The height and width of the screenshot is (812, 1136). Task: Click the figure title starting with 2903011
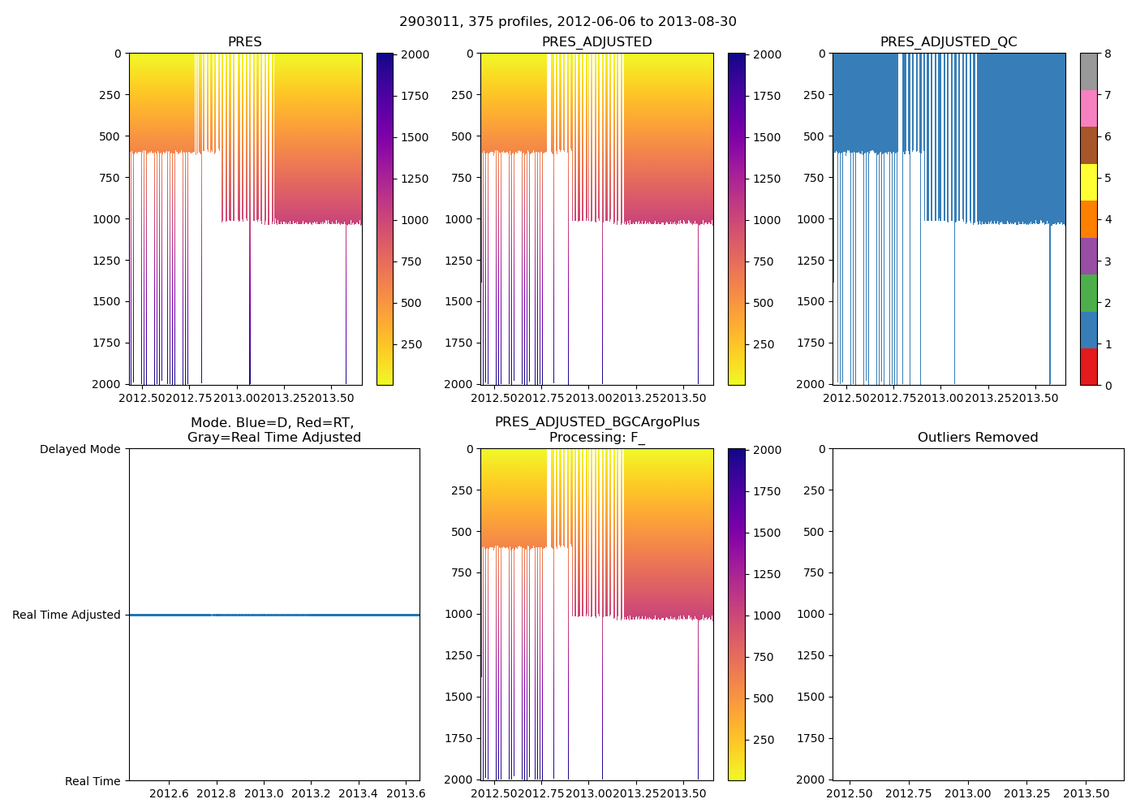[567, 22]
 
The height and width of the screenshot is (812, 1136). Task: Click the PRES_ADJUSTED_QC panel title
[949, 42]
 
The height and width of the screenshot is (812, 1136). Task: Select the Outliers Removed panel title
[978, 438]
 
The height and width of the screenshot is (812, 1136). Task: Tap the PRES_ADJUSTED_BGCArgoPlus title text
[596, 422]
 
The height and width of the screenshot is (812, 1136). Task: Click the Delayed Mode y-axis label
[80, 449]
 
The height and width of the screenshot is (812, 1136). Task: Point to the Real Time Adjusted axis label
[67, 615]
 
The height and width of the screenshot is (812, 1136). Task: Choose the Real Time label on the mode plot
[93, 781]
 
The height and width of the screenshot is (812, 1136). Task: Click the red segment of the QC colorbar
[1088, 366]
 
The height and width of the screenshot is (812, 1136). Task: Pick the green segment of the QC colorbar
[1088, 292]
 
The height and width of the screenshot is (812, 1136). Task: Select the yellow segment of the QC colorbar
[1088, 182]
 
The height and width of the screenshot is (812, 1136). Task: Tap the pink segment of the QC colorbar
[1088, 108]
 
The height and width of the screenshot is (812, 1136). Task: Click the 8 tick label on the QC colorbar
[1108, 54]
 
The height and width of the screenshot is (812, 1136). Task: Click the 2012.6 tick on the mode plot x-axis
[169, 793]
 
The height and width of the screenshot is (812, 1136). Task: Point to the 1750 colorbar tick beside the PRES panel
[415, 96]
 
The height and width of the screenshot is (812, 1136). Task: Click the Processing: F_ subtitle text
[596, 438]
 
